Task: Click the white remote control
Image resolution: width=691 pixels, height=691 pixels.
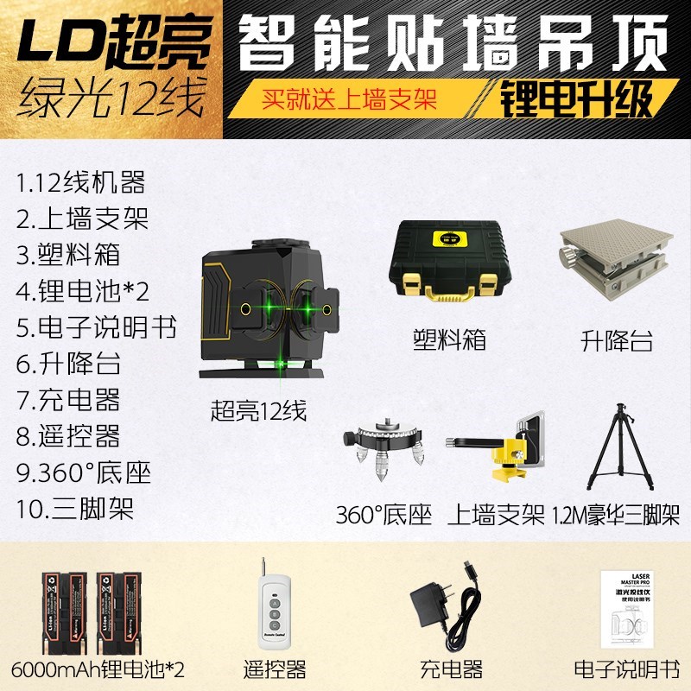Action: pyautogui.click(x=276, y=610)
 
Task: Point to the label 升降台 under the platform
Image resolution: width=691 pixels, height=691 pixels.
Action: pyautogui.click(x=616, y=339)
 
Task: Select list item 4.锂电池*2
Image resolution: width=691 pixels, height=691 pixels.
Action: pyautogui.click(x=83, y=290)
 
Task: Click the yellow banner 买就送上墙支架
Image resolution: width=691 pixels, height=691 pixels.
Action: pyautogui.click(x=349, y=98)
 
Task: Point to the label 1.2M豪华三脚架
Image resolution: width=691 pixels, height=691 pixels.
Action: pyautogui.click(x=614, y=517)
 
